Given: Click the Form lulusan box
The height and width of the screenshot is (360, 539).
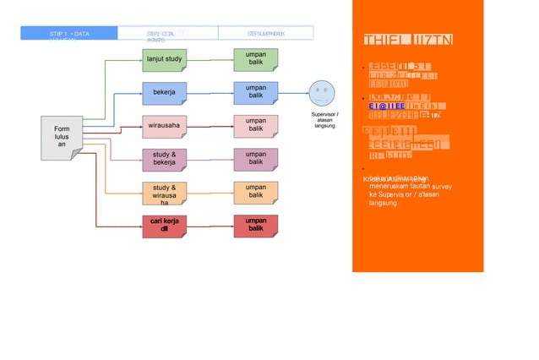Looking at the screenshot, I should (x=62, y=137).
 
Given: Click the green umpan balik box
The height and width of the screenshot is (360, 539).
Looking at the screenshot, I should (x=256, y=59).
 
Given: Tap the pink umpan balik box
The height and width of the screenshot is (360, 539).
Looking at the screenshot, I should (x=256, y=127).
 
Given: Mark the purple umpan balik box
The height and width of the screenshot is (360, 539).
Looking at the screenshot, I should (x=256, y=160).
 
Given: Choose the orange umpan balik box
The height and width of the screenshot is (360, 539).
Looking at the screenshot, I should (x=256, y=193).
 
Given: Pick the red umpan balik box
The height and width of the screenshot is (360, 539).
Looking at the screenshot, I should (x=256, y=225).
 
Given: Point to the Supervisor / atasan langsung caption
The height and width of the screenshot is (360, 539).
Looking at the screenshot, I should (x=325, y=120).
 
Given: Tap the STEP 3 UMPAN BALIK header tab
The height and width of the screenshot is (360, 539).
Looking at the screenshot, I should (x=265, y=34).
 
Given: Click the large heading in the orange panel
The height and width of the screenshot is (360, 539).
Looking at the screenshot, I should (x=397, y=41).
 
